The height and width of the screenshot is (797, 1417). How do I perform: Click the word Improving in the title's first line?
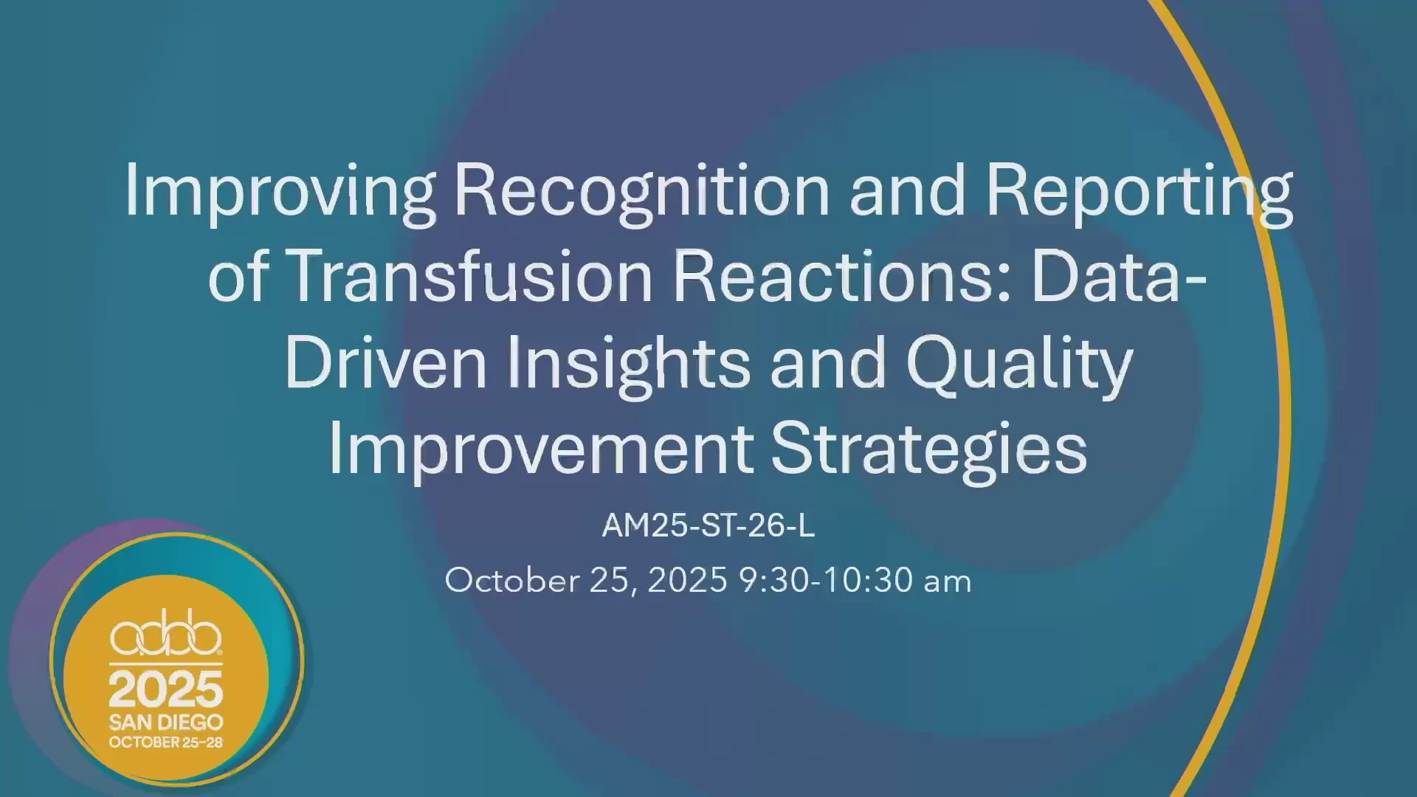point(280,191)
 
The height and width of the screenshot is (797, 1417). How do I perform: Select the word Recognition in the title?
point(641,191)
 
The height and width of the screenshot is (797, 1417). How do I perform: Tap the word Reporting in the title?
point(1139,191)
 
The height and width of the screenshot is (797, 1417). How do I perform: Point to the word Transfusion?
point(469,275)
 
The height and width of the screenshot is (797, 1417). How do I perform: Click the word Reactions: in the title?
point(842,275)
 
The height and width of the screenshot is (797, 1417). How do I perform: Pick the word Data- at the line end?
point(1119,275)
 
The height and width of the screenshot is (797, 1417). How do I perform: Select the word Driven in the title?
point(385,362)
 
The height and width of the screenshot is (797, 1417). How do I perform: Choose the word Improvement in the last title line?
point(541,449)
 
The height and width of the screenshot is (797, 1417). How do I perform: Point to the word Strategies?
point(929,449)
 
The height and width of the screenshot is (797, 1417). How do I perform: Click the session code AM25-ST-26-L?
point(708,525)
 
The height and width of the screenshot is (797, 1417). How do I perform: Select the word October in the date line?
point(512,580)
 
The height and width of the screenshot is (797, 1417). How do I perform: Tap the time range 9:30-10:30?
point(826,580)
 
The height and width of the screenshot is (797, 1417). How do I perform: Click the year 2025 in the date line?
point(688,580)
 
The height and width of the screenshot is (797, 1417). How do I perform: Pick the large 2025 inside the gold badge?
point(166,689)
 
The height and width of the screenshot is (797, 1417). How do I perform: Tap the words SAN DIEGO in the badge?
point(166,722)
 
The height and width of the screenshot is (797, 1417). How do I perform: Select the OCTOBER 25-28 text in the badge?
point(166,742)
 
